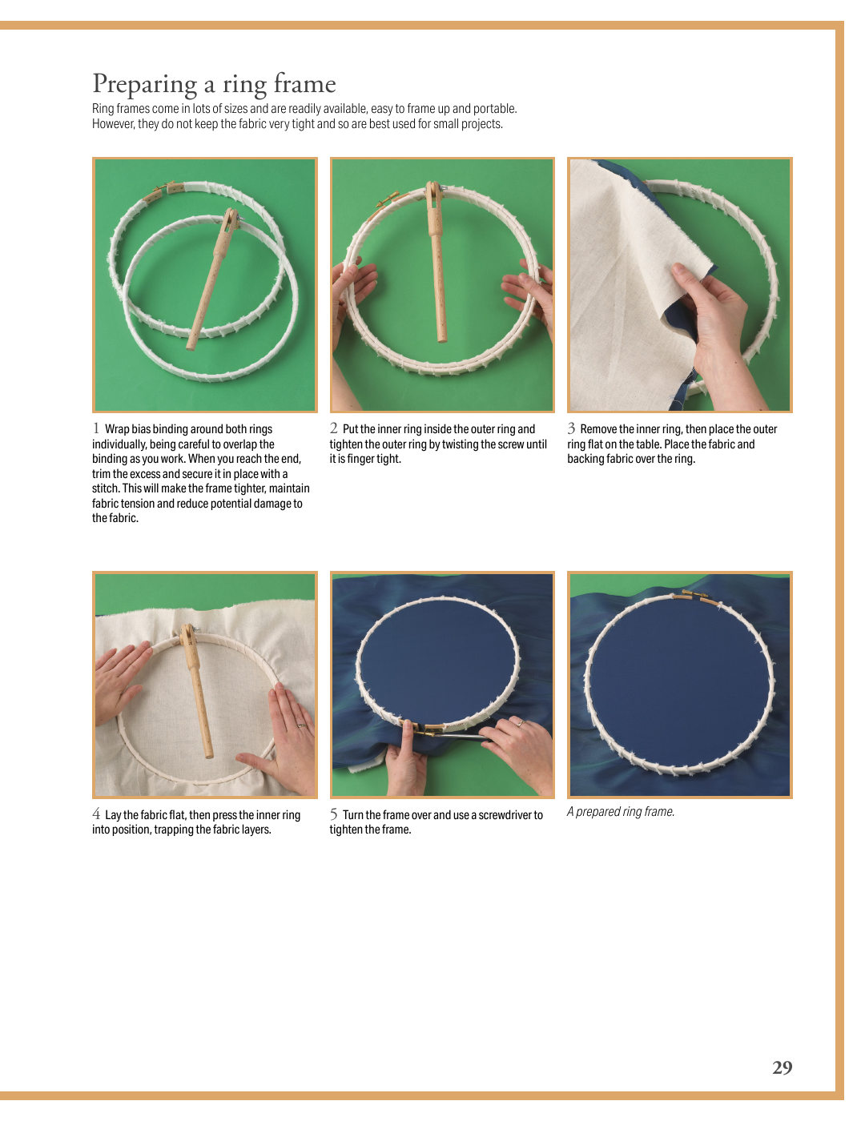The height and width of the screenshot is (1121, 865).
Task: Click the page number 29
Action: click(782, 1067)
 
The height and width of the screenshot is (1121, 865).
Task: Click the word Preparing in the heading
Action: click(144, 85)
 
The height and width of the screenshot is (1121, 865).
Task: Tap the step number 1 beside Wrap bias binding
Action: click(96, 428)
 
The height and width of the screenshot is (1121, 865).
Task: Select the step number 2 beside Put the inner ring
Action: click(334, 428)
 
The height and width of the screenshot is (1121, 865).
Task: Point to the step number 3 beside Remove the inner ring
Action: click(572, 428)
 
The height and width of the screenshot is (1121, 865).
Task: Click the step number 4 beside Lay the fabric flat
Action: click(96, 814)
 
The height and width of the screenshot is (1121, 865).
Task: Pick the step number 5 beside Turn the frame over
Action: click(334, 814)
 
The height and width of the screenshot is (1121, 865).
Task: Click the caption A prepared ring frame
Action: click(621, 811)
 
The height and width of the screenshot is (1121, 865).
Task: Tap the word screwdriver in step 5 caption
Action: click(505, 815)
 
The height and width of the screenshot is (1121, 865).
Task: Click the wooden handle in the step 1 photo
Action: click(212, 279)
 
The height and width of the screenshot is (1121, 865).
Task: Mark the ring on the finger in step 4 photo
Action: click(300, 725)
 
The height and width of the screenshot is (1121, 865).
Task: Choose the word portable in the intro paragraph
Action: click(495, 109)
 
